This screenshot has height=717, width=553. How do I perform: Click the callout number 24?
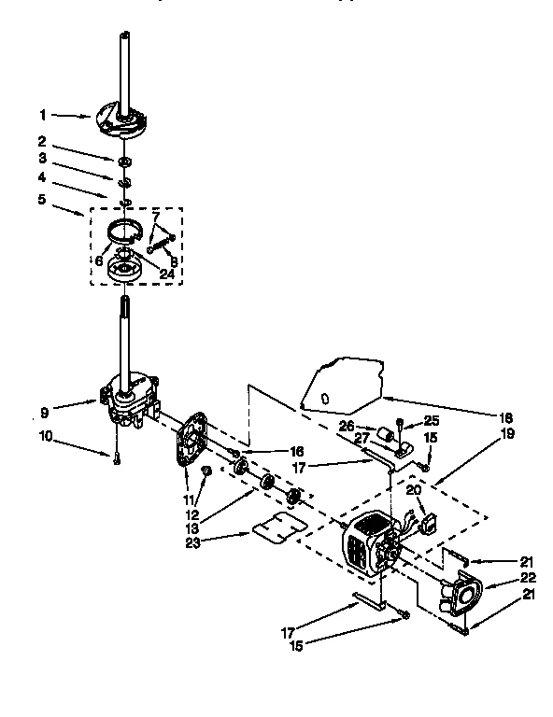[x=166, y=274]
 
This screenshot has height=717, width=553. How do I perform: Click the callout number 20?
[x=412, y=489]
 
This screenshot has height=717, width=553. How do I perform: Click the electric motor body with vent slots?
[x=369, y=546]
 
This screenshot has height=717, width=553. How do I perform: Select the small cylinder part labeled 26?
[x=383, y=435]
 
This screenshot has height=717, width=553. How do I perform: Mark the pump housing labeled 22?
[x=460, y=594]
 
